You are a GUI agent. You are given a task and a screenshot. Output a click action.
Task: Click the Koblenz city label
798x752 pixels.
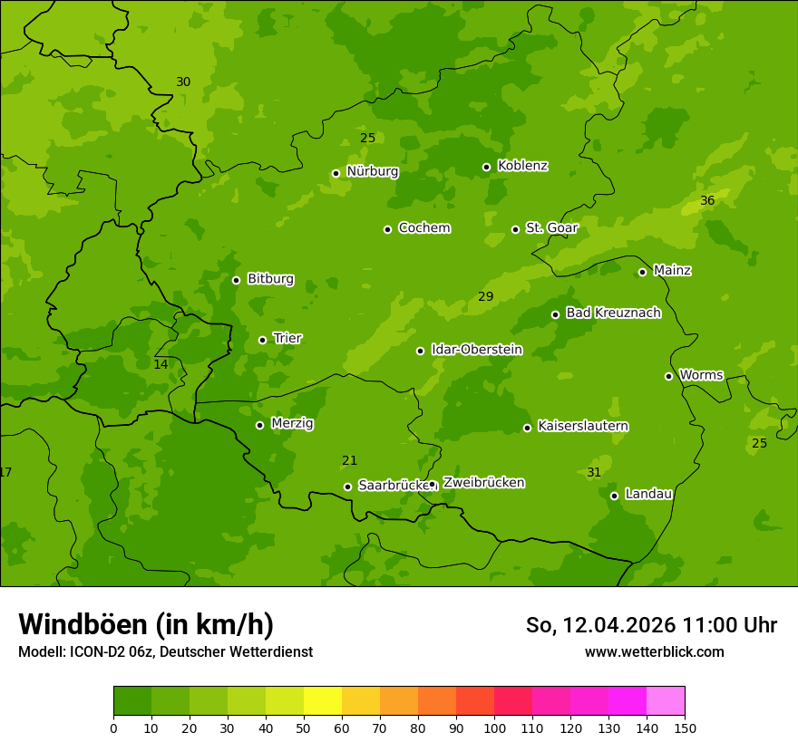coord(522,166)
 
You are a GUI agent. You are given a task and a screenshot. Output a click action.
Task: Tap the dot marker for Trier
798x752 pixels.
coord(263,340)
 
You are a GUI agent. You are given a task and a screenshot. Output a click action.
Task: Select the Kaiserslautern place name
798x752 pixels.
coord(583,426)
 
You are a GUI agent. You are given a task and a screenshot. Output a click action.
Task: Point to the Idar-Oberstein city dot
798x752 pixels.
coord(420,351)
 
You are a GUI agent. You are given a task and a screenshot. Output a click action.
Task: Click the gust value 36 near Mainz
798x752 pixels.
coord(707,200)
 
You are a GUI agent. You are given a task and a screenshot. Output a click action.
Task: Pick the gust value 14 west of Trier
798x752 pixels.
coord(161,364)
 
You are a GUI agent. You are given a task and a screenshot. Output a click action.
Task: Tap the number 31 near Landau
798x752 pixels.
coord(594,472)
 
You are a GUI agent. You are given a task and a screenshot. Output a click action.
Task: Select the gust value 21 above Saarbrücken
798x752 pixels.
coord(349,460)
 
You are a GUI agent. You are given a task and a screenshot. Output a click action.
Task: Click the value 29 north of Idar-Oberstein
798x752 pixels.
coord(485,296)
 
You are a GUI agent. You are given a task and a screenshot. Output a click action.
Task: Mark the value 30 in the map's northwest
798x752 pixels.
coord(183,82)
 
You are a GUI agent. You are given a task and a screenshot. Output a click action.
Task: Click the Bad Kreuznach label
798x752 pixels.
coord(613,313)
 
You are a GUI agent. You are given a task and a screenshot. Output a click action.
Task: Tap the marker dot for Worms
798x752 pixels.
coord(669,376)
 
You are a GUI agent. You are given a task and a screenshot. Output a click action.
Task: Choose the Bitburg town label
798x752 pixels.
coord(270,279)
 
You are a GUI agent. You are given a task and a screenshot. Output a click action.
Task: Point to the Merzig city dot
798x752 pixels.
coord(259,425)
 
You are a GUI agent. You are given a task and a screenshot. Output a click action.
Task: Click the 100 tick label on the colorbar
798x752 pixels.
coord(494,728)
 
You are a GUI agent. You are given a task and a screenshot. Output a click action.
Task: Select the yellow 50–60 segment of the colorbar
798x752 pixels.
coord(323,701)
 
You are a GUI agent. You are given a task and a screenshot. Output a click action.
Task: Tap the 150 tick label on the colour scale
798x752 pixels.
coord(685,728)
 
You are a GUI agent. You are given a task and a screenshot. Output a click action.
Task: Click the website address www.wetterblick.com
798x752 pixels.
coord(654,651)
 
